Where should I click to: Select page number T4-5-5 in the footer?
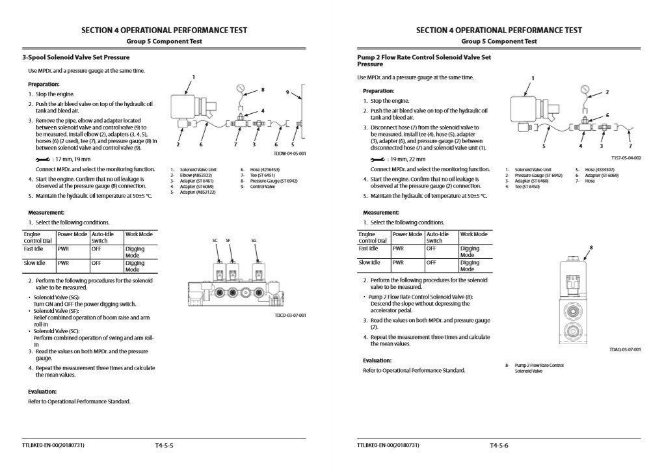[x=164, y=446]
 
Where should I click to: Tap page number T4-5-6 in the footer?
[x=499, y=446]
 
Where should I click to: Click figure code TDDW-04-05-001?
[x=289, y=154]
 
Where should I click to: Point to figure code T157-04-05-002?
[x=626, y=158]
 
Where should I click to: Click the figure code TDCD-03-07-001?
[x=290, y=315]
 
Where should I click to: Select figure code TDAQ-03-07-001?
[x=625, y=349]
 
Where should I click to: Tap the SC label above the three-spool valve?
[x=215, y=240]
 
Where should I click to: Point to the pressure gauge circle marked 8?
[x=241, y=89]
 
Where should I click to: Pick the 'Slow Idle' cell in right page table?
[x=369, y=263]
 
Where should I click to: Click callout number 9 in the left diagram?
[x=287, y=92]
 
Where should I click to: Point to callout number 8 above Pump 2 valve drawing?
[x=591, y=247]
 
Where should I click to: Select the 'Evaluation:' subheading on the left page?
[x=42, y=392]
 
